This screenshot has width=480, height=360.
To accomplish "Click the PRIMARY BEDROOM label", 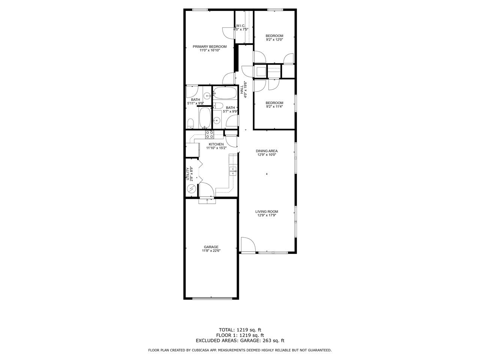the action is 210,46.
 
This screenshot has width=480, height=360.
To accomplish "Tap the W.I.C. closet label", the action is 240,26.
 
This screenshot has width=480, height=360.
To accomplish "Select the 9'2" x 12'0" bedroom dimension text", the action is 274,40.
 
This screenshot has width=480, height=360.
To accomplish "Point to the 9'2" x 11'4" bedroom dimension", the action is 274,106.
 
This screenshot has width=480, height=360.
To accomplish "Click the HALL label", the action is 241,89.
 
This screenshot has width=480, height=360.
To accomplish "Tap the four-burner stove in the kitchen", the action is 210,134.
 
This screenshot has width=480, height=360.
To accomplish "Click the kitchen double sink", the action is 232,171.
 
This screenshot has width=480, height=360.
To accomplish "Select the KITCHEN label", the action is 216,144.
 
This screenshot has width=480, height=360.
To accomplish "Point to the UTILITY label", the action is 187,174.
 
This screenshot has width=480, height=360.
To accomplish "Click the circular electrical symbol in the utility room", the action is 192,189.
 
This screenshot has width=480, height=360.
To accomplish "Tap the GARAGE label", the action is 211,247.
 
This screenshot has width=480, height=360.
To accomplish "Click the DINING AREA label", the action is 267,151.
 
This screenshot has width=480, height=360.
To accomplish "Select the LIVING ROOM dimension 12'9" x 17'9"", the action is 267,215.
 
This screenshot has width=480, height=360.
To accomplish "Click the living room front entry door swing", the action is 248,245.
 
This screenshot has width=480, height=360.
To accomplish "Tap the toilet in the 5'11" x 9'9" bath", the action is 191,124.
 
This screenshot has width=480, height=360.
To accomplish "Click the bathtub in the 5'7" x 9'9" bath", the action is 225,93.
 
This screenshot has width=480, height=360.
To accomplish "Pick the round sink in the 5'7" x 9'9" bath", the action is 217,120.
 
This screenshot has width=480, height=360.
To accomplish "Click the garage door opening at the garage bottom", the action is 211,298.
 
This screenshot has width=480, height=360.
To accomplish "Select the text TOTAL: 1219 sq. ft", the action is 240,330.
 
